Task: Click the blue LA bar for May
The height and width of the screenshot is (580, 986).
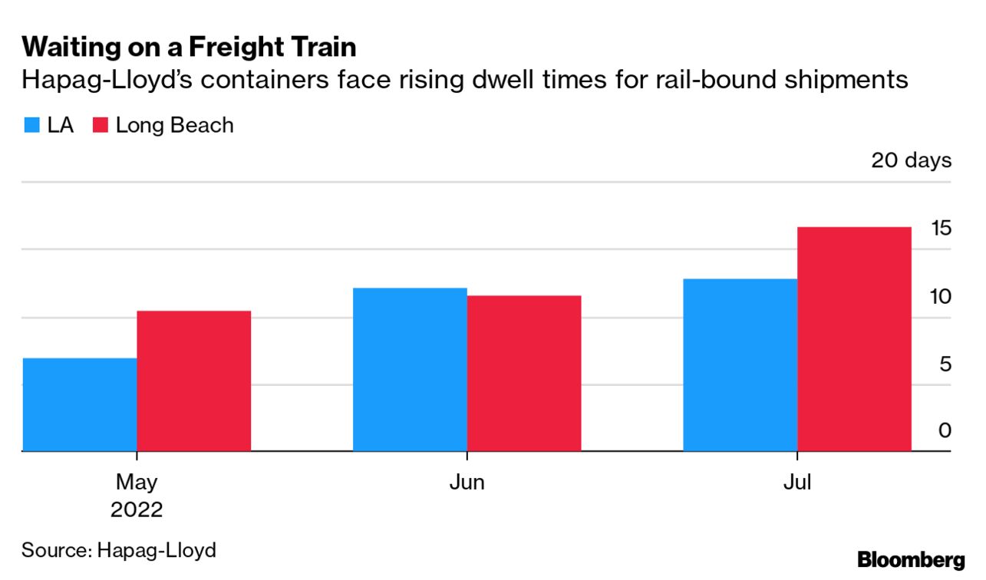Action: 80,404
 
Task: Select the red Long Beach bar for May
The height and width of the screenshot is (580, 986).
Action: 194,381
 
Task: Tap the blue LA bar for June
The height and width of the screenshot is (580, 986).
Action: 410,369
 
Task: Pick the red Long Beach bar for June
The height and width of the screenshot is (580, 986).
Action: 524,373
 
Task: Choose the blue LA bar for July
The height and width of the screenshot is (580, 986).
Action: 740,364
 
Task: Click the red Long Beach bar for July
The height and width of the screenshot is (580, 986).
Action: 854,339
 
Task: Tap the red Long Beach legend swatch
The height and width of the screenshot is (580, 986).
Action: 100,126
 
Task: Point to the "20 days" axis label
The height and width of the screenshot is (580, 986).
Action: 911,160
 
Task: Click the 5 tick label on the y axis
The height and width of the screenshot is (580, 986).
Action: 945,364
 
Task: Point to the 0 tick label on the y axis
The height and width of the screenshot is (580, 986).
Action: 945,430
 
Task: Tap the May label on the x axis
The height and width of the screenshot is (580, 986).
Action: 137,482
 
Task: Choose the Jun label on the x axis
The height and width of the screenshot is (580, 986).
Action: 467,482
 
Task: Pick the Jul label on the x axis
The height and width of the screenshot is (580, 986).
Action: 797,482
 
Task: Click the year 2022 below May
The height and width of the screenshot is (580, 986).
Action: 137,509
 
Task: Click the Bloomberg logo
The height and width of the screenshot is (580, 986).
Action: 911,559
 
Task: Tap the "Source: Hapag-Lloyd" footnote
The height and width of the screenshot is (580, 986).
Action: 119,549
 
